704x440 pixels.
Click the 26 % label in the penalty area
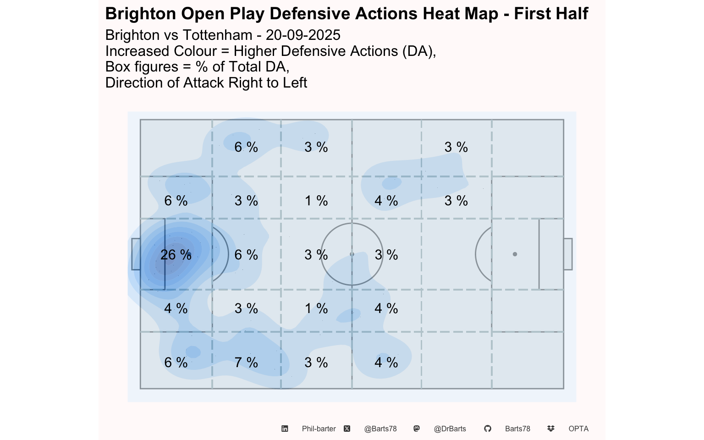[x=176, y=255]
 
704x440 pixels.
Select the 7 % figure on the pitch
[x=246, y=363]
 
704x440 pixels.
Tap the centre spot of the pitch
[x=352, y=254]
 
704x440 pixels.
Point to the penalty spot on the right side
[x=515, y=254]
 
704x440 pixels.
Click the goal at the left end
[x=136, y=254]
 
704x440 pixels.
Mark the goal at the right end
[x=568, y=254]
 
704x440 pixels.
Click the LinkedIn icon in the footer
[x=285, y=429]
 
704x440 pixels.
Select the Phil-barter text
[x=319, y=429]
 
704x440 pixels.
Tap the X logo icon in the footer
[x=347, y=429]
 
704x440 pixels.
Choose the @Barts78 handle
[x=380, y=429]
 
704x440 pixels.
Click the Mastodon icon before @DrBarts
[x=416, y=429]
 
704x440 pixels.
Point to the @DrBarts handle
[x=450, y=429]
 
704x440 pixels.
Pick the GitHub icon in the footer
[x=488, y=429]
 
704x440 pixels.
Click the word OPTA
[x=578, y=429]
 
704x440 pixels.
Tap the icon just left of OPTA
[x=551, y=429]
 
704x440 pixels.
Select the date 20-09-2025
[x=303, y=35]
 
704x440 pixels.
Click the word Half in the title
[x=570, y=14]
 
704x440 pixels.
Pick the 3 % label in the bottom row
[x=316, y=363]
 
